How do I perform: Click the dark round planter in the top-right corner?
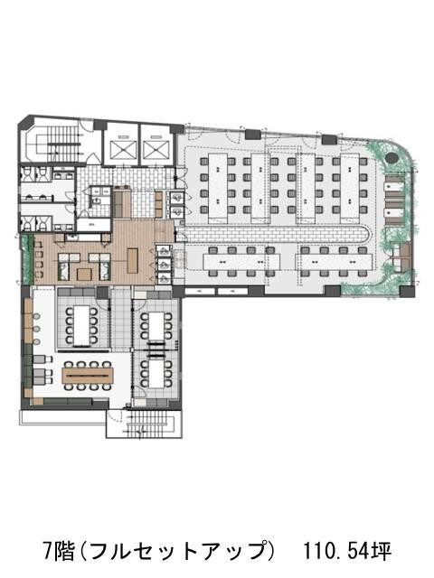point(391,157)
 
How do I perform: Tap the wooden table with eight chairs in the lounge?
point(88,376)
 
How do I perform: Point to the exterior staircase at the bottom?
point(151,423)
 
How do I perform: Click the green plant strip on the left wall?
point(25,259)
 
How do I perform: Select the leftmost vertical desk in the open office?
point(218,188)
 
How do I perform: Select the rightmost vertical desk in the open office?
point(350,188)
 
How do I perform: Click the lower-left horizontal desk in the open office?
point(241,262)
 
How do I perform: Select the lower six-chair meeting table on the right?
point(156,374)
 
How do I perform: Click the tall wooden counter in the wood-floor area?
point(133,261)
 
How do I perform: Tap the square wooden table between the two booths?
point(84,275)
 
